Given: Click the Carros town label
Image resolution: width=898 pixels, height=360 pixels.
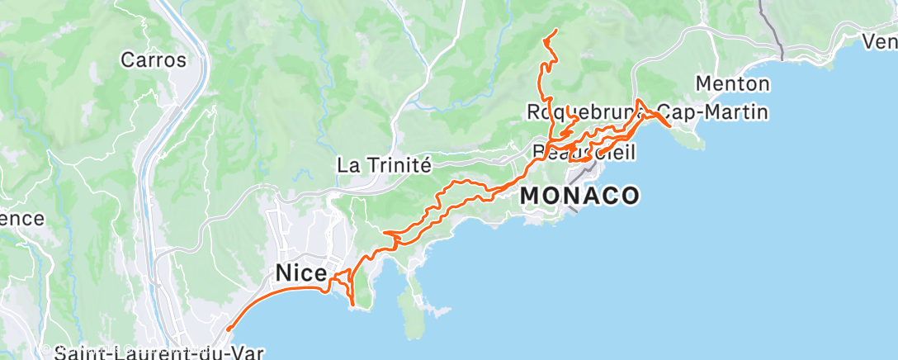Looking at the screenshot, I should click(x=153, y=59).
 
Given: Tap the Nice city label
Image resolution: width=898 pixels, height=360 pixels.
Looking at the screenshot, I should click(x=301, y=272).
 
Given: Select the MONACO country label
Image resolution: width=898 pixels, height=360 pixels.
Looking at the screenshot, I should click(x=579, y=196).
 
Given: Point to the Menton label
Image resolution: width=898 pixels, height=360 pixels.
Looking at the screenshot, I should click(x=733, y=83).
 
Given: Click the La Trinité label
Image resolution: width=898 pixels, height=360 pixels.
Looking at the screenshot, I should click(x=385, y=165).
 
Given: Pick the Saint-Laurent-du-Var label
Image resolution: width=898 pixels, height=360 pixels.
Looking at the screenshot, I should click(x=146, y=353).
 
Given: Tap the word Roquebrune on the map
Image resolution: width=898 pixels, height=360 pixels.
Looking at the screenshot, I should click(x=578, y=111).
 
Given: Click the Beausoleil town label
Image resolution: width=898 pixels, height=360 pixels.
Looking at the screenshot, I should click(x=574, y=152).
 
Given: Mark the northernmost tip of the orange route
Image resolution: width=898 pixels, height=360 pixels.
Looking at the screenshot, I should click(x=555, y=31).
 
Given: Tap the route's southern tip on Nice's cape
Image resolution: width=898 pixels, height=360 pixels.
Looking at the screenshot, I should click(x=353, y=306).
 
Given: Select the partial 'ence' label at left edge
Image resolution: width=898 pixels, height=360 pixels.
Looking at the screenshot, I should click(x=21, y=218).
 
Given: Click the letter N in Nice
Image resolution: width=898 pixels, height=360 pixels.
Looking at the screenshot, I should click(x=284, y=272).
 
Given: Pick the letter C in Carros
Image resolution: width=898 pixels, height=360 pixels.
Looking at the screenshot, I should click(x=128, y=59).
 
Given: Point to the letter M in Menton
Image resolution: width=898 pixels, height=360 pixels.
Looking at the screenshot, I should click(x=704, y=83).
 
